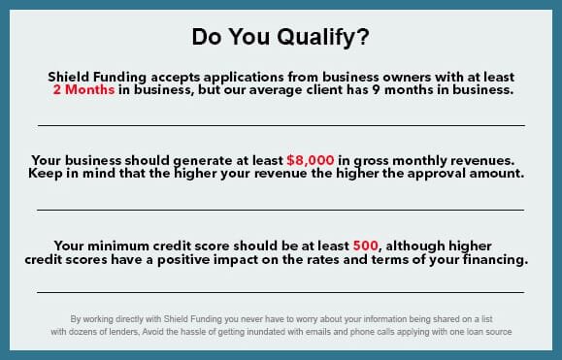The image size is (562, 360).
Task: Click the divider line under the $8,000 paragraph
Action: click(281, 210)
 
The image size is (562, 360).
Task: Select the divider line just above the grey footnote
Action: click(281, 292)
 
